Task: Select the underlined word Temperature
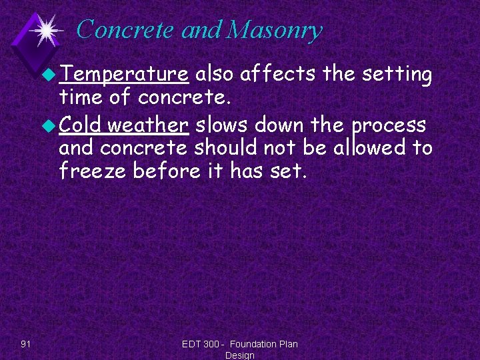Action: (123, 75)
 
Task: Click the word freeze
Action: (93, 171)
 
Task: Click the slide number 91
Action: (26, 344)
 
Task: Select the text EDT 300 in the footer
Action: (200, 344)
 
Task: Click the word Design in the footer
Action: (239, 355)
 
